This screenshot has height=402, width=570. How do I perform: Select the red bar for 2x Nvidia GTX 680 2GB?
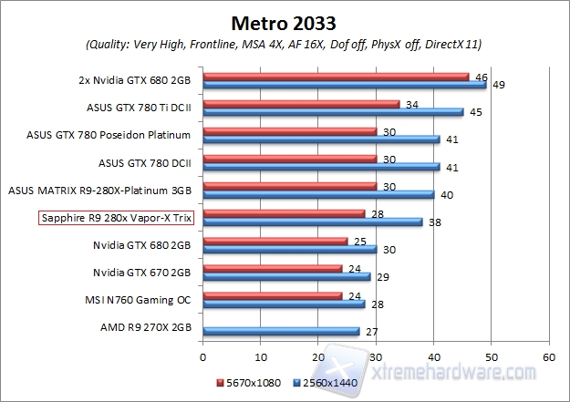click(x=336, y=77)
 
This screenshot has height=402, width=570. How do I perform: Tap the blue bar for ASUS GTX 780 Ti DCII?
click(x=333, y=113)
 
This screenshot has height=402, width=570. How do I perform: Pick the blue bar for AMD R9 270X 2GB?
click(x=281, y=331)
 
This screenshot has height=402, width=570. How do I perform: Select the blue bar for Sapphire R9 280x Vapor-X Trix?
click(x=313, y=222)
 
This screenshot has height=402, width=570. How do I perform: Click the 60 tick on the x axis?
click(x=548, y=356)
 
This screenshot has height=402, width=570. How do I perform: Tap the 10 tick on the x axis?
click(x=261, y=356)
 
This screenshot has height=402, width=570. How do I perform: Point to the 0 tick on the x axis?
click(x=203, y=356)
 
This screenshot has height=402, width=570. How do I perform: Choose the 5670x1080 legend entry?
click(x=251, y=384)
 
